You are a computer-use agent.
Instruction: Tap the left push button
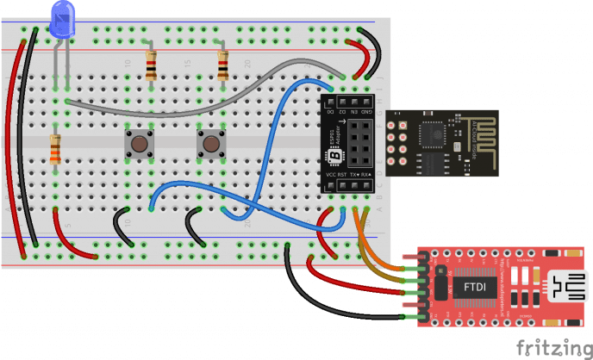point(138,143)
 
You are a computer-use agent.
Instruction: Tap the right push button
point(209,143)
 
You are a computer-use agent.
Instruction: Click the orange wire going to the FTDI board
point(379,258)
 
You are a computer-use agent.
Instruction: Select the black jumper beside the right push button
point(190,226)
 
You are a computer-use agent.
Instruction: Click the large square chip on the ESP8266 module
point(432,133)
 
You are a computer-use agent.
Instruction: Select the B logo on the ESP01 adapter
point(337,156)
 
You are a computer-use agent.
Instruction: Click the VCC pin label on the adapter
point(330,175)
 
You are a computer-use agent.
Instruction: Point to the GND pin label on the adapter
point(367,111)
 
